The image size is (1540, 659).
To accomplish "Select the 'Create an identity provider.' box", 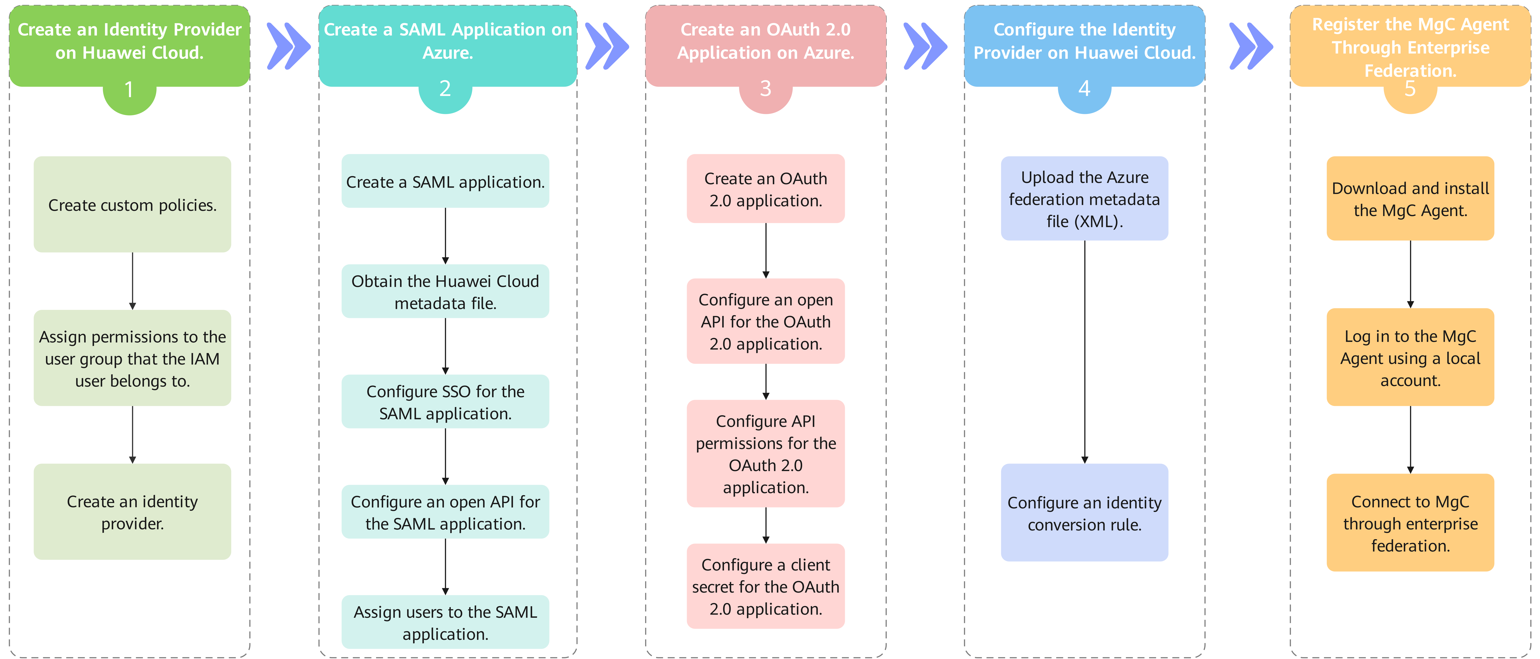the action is [x=132, y=512].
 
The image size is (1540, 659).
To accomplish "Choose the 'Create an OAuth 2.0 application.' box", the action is [x=766, y=189].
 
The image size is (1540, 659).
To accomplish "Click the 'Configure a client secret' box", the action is [x=766, y=586].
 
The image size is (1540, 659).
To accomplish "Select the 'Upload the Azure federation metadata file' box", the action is [x=1084, y=199].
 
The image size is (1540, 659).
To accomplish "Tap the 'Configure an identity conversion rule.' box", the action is [x=1084, y=512].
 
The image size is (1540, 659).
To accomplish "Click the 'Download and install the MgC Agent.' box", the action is [x=1410, y=199].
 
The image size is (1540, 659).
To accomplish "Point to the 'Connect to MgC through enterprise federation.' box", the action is [x=1410, y=523].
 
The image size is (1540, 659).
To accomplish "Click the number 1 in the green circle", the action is [x=129, y=90].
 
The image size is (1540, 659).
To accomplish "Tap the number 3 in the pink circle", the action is [x=766, y=89].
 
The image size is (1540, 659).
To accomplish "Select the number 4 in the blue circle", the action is [x=1084, y=89].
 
